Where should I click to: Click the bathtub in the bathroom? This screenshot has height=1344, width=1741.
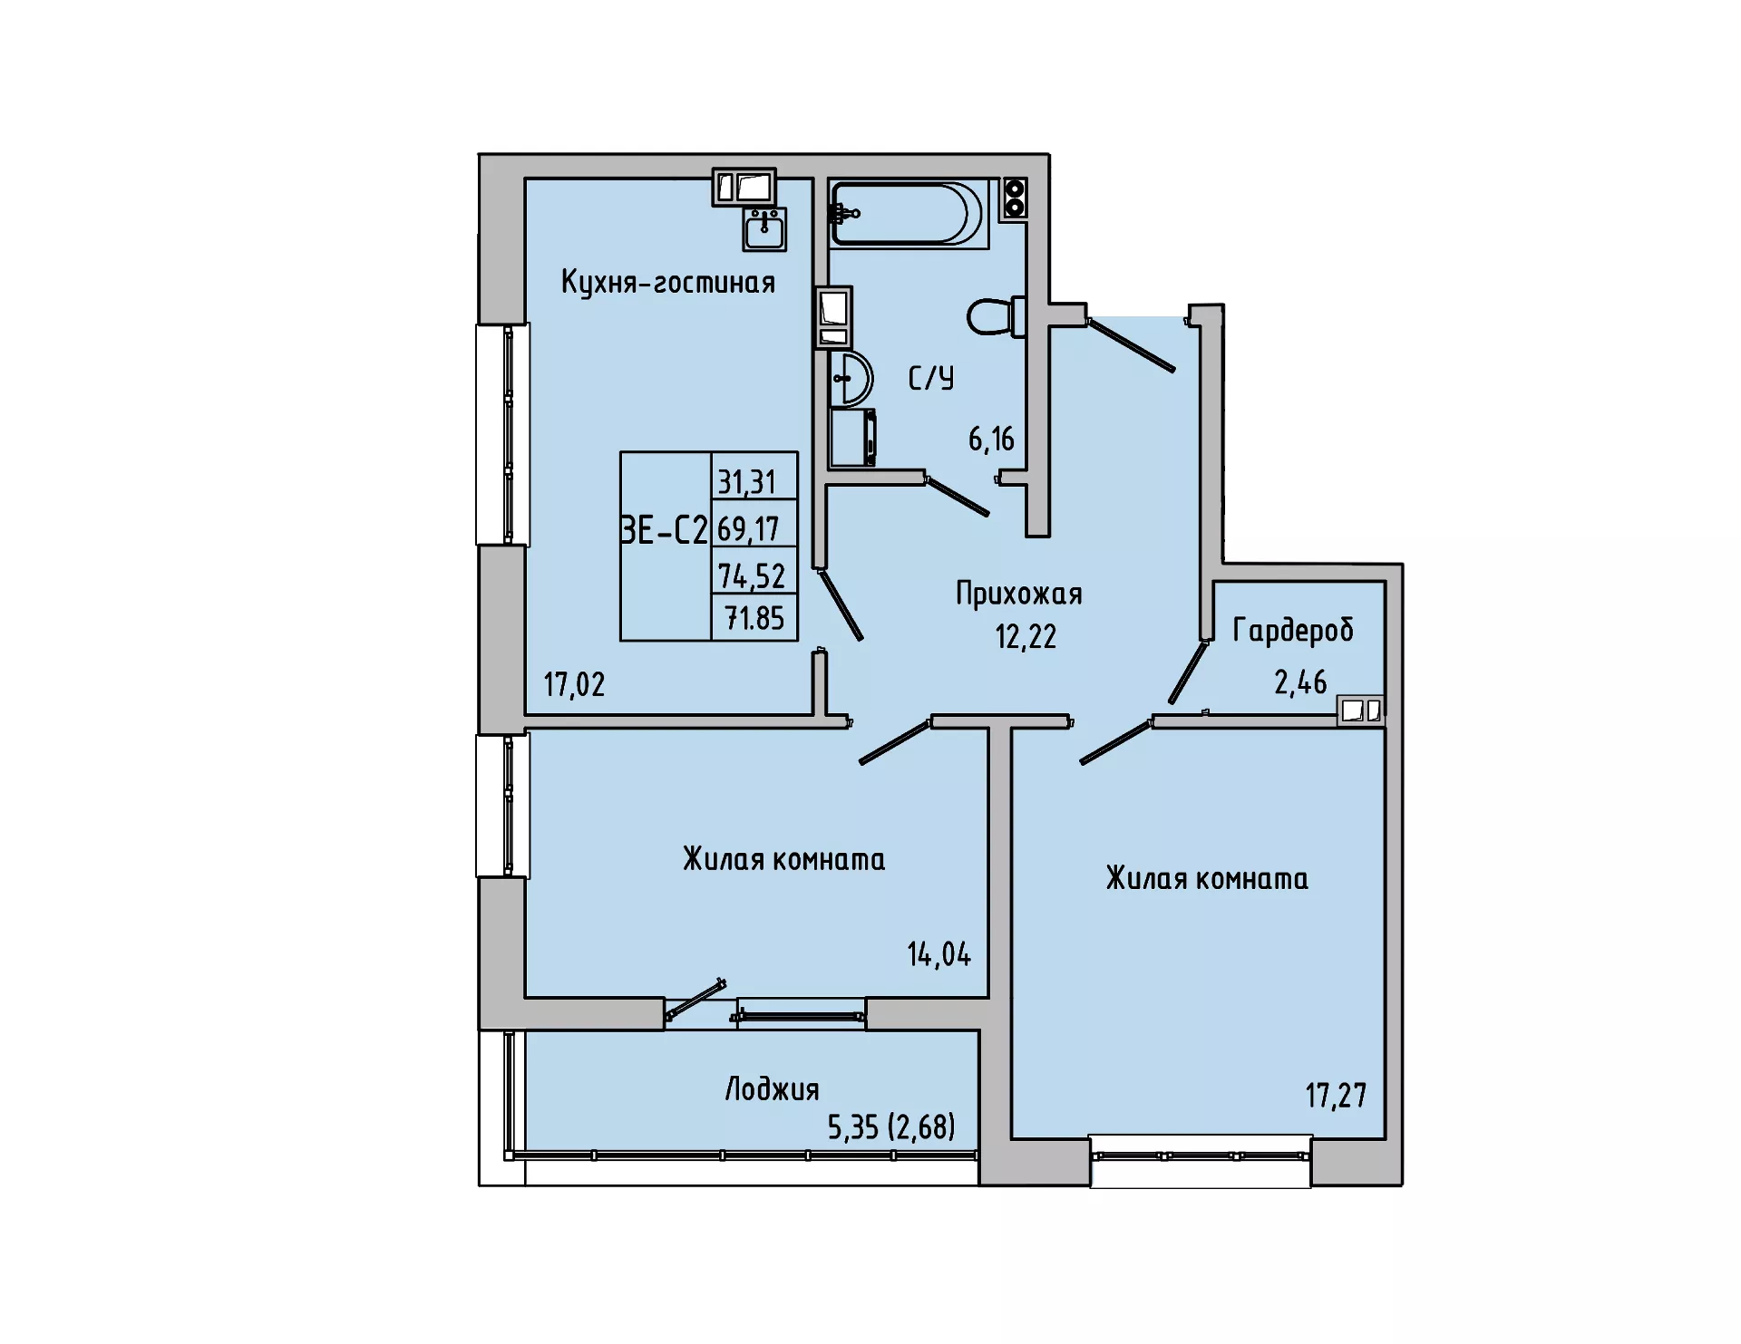[x=908, y=214]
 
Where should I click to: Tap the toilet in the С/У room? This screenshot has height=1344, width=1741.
[x=997, y=316]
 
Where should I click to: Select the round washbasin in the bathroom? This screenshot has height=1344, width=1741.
[x=850, y=378]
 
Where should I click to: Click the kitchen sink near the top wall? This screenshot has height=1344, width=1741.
[x=764, y=229]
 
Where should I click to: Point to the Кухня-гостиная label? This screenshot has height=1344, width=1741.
[x=668, y=283]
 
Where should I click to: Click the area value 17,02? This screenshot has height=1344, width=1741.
[x=574, y=684]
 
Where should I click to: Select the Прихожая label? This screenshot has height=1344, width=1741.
[x=1019, y=595]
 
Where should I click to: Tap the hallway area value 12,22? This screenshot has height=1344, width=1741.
[x=1026, y=636]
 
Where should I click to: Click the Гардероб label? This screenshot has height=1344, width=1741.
[x=1293, y=631]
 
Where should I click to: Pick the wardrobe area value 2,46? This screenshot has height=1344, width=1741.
[x=1300, y=682]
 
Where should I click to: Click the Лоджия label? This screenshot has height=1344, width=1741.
[x=772, y=1089]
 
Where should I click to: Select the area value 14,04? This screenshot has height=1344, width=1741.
[x=939, y=954]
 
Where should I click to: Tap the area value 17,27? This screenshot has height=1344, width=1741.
[x=1336, y=1096]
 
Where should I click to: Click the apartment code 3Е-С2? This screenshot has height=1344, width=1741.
[x=664, y=529]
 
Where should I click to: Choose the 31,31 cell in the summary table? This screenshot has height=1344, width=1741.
[x=747, y=482]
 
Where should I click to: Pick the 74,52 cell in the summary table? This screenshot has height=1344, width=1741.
[x=752, y=575]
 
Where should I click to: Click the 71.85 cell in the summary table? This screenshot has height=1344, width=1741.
[x=754, y=618]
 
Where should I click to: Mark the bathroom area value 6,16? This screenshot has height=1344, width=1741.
[x=991, y=440]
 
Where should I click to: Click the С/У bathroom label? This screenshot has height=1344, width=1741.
[x=931, y=378]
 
